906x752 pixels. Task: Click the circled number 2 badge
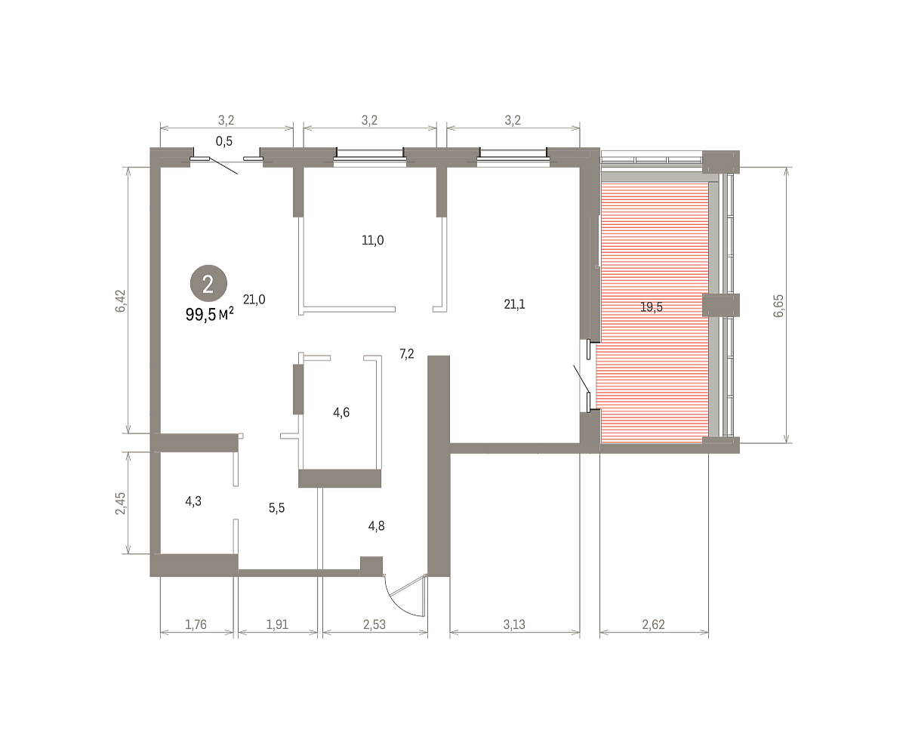[208, 283]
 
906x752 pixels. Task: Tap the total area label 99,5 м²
[210, 314]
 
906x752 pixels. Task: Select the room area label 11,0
[373, 240]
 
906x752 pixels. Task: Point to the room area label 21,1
[514, 304]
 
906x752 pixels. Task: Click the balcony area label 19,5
[652, 307]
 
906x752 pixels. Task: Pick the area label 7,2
[407, 354]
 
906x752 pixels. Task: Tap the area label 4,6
[341, 412]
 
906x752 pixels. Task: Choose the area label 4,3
[193, 501]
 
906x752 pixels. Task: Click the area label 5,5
[276, 507]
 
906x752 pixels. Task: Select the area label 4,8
[376, 526]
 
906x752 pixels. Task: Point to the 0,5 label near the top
[224, 141]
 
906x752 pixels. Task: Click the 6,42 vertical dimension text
[120, 300]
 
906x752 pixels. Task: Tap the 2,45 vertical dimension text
[120, 504]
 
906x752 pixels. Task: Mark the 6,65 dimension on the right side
[778, 306]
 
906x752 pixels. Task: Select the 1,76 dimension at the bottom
[196, 624]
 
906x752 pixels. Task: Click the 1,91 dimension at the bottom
[277, 624]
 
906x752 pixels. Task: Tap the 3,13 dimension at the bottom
[514, 624]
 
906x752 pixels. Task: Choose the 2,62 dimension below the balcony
[654, 624]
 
